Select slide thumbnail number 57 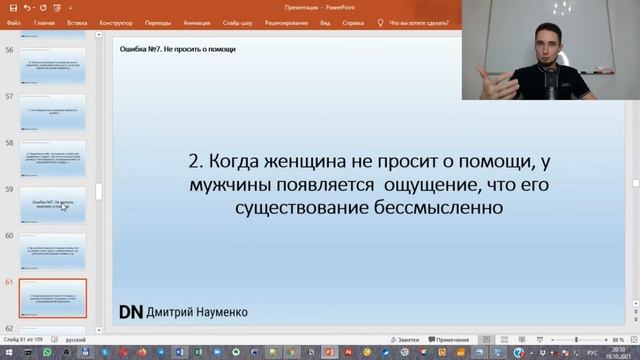tap(52, 111)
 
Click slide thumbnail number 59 tap(52, 205)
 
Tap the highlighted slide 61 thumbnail tap(52, 298)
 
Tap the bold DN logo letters tap(130, 311)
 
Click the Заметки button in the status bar tap(403, 340)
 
